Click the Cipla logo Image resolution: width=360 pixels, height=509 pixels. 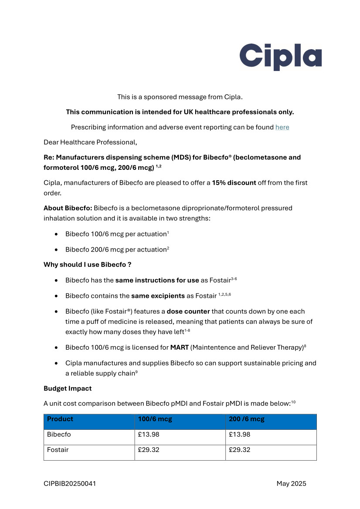pos(280,57)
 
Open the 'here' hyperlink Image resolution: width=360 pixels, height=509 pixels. pos(282,127)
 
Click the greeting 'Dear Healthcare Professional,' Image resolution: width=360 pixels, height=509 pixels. pos(90,142)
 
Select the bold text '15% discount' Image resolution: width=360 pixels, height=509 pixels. pos(234,183)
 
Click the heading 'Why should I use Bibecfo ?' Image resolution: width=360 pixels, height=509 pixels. pos(87,265)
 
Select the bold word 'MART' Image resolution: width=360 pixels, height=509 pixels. pos(179,347)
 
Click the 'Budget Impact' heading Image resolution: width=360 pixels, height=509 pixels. pos(68,388)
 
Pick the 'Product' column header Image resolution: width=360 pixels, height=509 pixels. pos(60,419)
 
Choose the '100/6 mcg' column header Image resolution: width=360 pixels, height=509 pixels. pos(155,419)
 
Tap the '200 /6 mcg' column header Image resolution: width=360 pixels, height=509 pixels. pos(247,419)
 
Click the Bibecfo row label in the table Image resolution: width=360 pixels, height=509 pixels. pos(59,435)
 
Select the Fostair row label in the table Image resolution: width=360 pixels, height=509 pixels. pos(58,450)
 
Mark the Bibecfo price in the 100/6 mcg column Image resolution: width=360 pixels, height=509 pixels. pos(149,435)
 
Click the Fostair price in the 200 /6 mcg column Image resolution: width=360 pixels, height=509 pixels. pos(240,450)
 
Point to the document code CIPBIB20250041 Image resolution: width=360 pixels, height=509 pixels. pos(70,484)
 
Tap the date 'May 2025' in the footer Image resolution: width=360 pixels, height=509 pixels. pos(291,484)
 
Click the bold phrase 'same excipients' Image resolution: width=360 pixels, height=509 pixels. pos(158,296)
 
